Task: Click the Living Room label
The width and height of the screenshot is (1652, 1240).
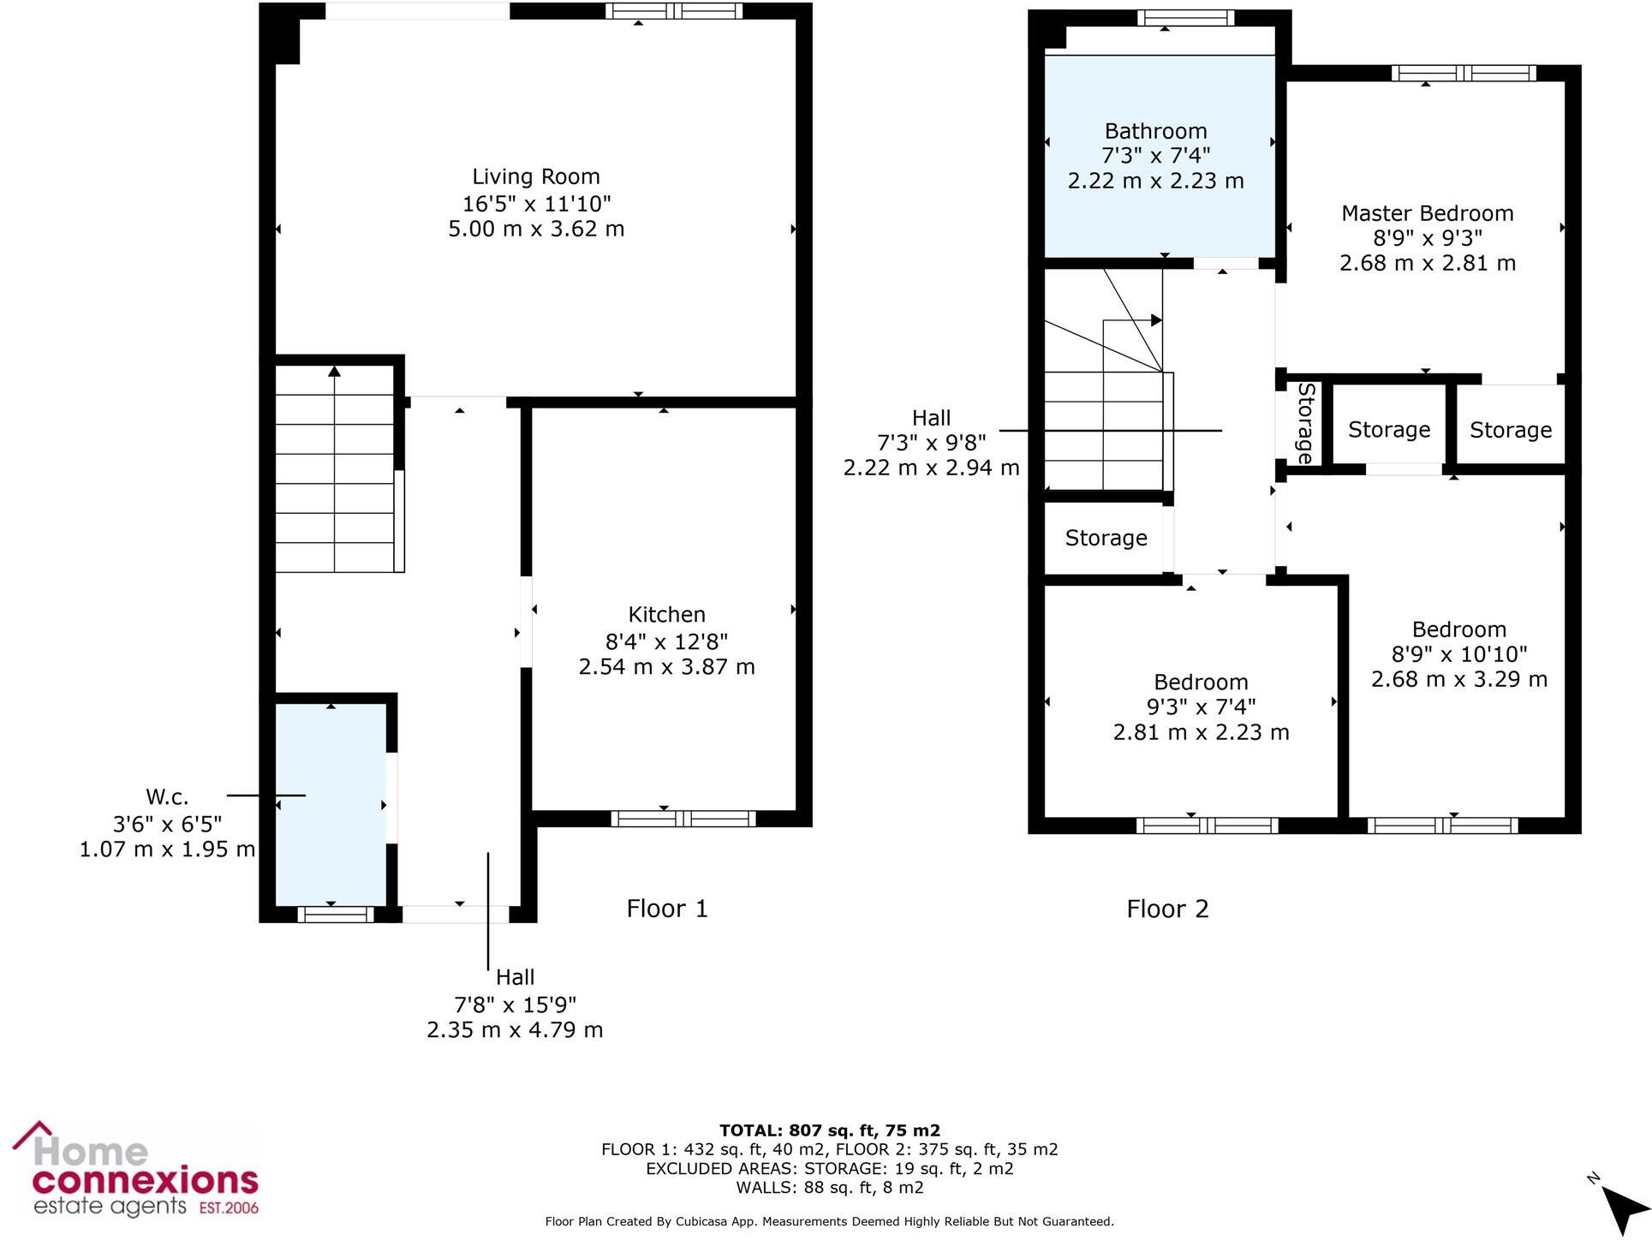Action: pyautogui.click(x=536, y=177)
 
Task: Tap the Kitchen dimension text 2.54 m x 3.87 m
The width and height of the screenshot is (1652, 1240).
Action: pyautogui.click(x=666, y=667)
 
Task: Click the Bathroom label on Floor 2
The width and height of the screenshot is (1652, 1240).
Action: pyautogui.click(x=1155, y=131)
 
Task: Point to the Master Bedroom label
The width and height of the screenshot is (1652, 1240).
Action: pyautogui.click(x=1427, y=213)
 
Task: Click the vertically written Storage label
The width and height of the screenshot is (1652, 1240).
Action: pyautogui.click(x=1305, y=424)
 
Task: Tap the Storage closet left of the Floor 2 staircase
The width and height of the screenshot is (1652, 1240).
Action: pyautogui.click(x=1105, y=538)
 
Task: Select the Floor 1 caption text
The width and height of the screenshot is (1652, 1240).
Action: pyautogui.click(x=667, y=909)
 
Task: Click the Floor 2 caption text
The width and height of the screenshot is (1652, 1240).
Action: pyautogui.click(x=1167, y=909)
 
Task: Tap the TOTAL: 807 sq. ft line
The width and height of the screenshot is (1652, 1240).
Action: pyautogui.click(x=829, y=1130)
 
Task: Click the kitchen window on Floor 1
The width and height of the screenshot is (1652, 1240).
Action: pyautogui.click(x=683, y=819)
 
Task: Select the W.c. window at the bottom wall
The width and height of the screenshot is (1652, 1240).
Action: pyautogui.click(x=336, y=915)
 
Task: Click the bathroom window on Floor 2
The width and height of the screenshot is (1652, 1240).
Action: pyautogui.click(x=1185, y=18)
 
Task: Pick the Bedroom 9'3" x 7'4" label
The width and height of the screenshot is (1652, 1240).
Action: pyautogui.click(x=1201, y=683)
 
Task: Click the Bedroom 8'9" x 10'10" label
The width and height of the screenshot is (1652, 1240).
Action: pyautogui.click(x=1458, y=630)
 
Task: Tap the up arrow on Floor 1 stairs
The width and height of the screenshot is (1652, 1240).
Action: pyautogui.click(x=334, y=372)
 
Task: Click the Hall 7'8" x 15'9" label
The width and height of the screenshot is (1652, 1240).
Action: pyautogui.click(x=515, y=978)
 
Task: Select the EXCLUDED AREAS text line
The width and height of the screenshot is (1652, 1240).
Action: pyautogui.click(x=829, y=1169)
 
